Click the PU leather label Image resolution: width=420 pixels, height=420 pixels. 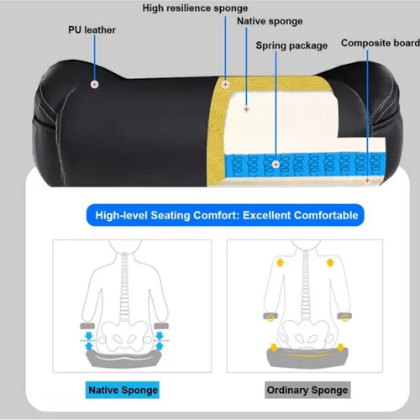pyautogui.click(x=92, y=29)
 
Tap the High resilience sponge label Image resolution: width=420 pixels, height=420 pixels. pyautogui.click(x=195, y=8)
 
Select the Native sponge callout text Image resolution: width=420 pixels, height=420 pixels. pyautogui.click(x=270, y=21)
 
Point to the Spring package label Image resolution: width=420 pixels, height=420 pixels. pyautogui.click(x=291, y=45)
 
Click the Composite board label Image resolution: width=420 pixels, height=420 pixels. pyautogui.click(x=381, y=43)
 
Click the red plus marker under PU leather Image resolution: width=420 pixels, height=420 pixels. pyautogui.click(x=95, y=84)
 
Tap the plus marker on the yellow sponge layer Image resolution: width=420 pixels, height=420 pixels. pyautogui.click(x=225, y=84)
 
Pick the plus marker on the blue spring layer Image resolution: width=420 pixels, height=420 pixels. pyautogui.click(x=276, y=165)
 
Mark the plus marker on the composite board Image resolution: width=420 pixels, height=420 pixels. pyautogui.click(x=368, y=181)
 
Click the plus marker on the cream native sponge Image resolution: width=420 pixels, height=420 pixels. pyautogui.click(x=246, y=109)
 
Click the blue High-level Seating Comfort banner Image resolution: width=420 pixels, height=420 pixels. pyautogui.click(x=225, y=215)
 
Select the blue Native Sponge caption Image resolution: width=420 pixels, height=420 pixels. pyautogui.click(x=123, y=390)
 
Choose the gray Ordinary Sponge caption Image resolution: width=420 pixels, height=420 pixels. pyautogui.click(x=307, y=390)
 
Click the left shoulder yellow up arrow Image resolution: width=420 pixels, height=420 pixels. pyautogui.click(x=281, y=263)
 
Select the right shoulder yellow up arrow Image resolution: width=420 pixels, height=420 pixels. pyautogui.click(x=330, y=263)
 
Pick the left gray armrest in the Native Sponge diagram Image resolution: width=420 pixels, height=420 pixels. pyautogui.click(x=87, y=326)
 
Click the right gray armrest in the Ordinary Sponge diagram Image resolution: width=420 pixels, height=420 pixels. pyautogui.click(x=344, y=316)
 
